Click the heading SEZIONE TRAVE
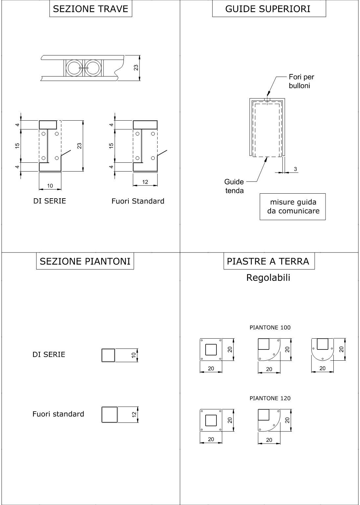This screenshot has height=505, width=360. [91, 9]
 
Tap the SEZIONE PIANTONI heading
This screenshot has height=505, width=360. [85, 261]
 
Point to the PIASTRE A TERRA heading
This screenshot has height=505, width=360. [268, 261]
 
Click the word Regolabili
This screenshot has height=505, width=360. [268, 278]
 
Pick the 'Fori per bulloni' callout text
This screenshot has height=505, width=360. [301, 81]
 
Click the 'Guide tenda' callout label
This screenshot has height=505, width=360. [234, 186]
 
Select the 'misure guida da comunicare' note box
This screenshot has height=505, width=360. [293, 206]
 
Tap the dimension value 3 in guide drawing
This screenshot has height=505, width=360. [295, 169]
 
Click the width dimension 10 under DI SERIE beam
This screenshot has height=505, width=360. [50, 186]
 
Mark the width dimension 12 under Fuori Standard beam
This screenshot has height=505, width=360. [145, 182]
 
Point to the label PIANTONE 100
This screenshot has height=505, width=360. [270, 327]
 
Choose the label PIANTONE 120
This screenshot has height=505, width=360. [270, 398]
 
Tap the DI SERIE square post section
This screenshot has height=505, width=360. [108, 355]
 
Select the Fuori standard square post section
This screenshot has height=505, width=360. [110, 415]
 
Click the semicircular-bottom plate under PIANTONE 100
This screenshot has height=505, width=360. [323, 349]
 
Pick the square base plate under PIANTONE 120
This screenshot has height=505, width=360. [211, 420]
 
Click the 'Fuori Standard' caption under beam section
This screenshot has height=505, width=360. [138, 201]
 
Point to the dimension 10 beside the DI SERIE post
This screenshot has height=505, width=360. [134, 355]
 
